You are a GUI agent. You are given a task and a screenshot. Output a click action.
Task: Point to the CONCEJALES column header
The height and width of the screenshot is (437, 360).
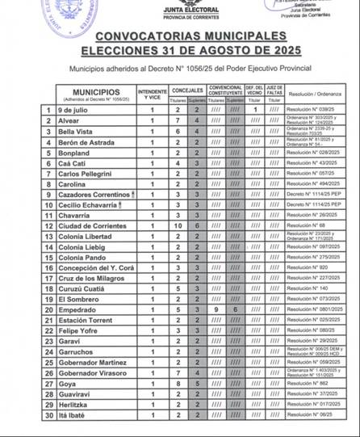click(188, 90)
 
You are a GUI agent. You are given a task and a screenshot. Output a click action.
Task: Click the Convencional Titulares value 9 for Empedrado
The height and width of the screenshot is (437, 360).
click(216, 309)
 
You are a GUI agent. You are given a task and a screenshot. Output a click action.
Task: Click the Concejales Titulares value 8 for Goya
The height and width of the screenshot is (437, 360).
click(179, 383)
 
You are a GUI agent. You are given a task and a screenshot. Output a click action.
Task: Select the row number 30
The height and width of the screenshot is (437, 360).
click(48, 414)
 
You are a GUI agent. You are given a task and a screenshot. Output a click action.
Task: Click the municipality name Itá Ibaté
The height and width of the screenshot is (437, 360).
click(75, 414)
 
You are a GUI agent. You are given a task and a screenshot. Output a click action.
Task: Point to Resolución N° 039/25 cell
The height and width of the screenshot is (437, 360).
click(310, 109)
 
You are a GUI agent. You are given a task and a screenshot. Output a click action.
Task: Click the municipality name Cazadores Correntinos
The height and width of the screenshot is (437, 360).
click(94, 194)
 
